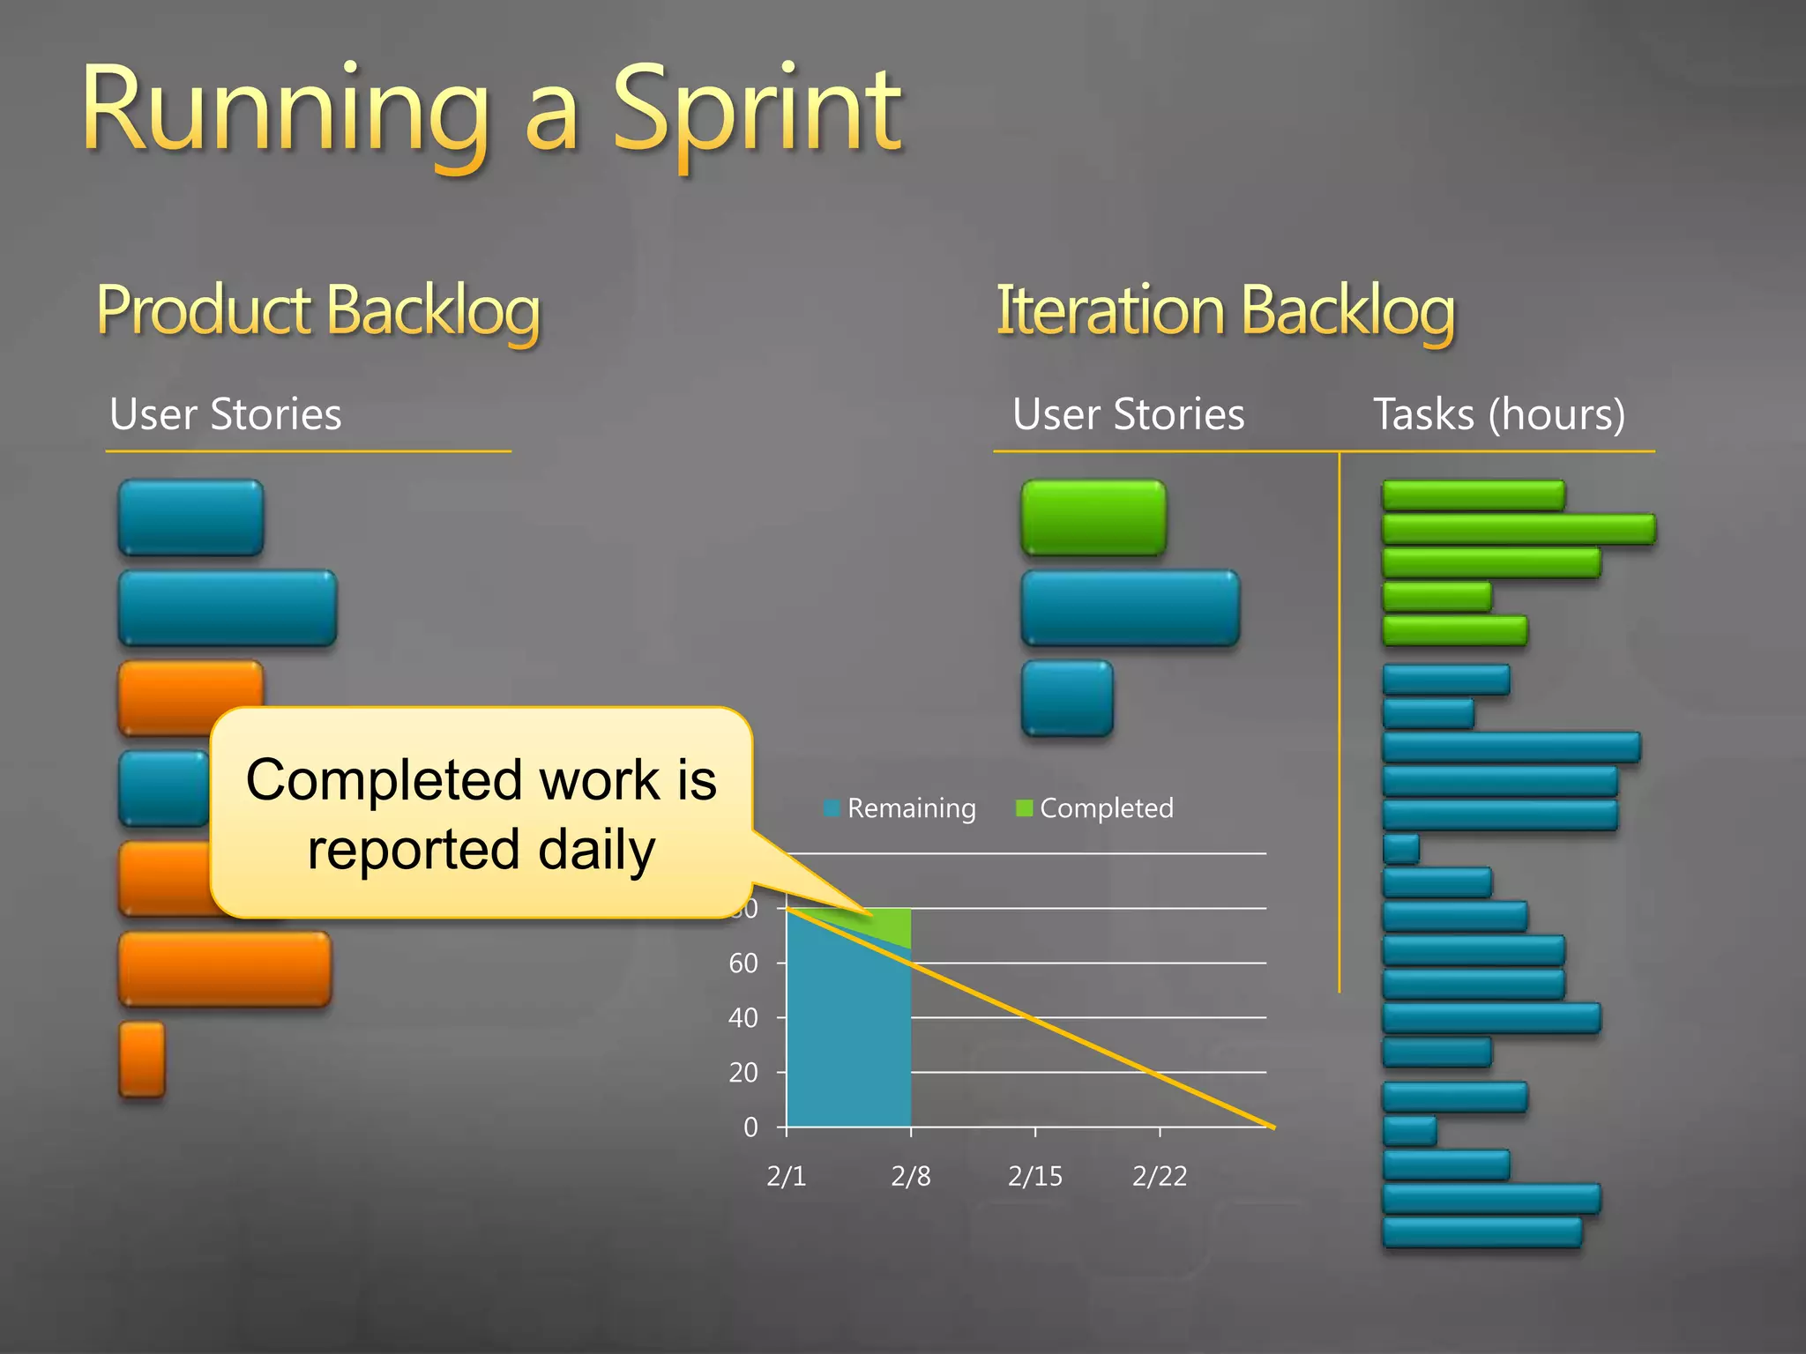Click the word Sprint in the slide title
tap(757, 113)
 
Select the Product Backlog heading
tap(317, 310)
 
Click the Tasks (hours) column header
tap(1498, 414)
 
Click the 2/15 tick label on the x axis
tap(1035, 1176)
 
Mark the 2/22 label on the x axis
tap(1160, 1176)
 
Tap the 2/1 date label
tap(786, 1176)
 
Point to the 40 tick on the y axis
tap(743, 1018)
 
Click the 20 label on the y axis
tap(743, 1073)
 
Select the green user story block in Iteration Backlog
tap(1093, 517)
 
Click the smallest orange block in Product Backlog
tap(142, 1060)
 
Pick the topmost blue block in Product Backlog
tap(190, 517)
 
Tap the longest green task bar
tap(1519, 529)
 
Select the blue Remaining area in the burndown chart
tap(847, 1040)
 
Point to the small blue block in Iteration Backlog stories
tap(1067, 698)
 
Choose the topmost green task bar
tap(1473, 495)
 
